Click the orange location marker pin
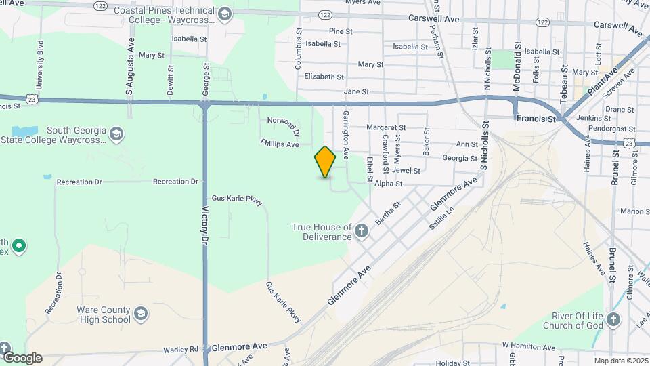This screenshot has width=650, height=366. pyautogui.click(x=325, y=161)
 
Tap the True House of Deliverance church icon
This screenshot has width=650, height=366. pyautogui.click(x=362, y=232)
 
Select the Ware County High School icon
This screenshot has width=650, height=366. pyautogui.click(x=140, y=314)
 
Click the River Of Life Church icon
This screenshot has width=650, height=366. pyautogui.click(x=613, y=319)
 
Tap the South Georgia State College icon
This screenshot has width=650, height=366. pyautogui.click(x=116, y=133)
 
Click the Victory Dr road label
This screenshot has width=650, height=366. pyautogui.click(x=204, y=224)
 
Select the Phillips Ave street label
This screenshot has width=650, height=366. pyautogui.click(x=280, y=144)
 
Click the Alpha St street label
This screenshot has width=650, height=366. pyautogui.click(x=389, y=183)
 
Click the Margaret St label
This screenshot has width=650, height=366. pyautogui.click(x=386, y=127)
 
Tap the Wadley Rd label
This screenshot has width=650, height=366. pyautogui.click(x=181, y=350)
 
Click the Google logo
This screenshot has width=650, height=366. pyautogui.click(x=22, y=358)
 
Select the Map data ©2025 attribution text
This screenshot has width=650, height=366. pyautogui.click(x=621, y=361)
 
